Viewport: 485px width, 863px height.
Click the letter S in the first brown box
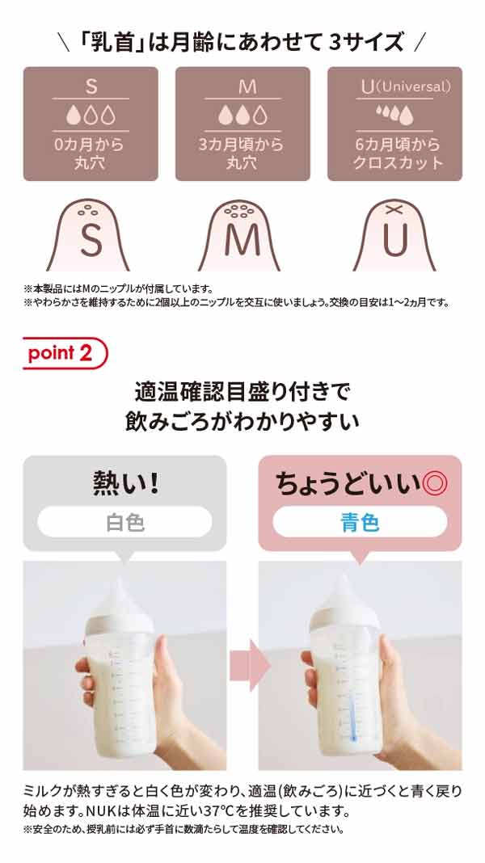(91, 87)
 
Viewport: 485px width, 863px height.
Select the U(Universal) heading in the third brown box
(406, 86)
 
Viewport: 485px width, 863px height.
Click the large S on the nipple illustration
(91, 241)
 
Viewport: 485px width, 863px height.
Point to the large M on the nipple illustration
(242, 241)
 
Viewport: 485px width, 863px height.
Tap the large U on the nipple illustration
(394, 241)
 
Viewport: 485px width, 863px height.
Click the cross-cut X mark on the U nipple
(392, 209)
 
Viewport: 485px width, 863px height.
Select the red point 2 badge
(65, 353)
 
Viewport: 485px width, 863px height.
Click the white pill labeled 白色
(125, 522)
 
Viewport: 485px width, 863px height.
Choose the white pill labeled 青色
(360, 522)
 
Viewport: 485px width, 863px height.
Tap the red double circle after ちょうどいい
(434, 484)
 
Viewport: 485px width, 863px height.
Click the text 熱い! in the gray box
(125, 484)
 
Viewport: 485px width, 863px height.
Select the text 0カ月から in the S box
(91, 145)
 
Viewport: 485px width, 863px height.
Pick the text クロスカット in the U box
(398, 163)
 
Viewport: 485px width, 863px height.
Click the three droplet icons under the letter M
(242, 116)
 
